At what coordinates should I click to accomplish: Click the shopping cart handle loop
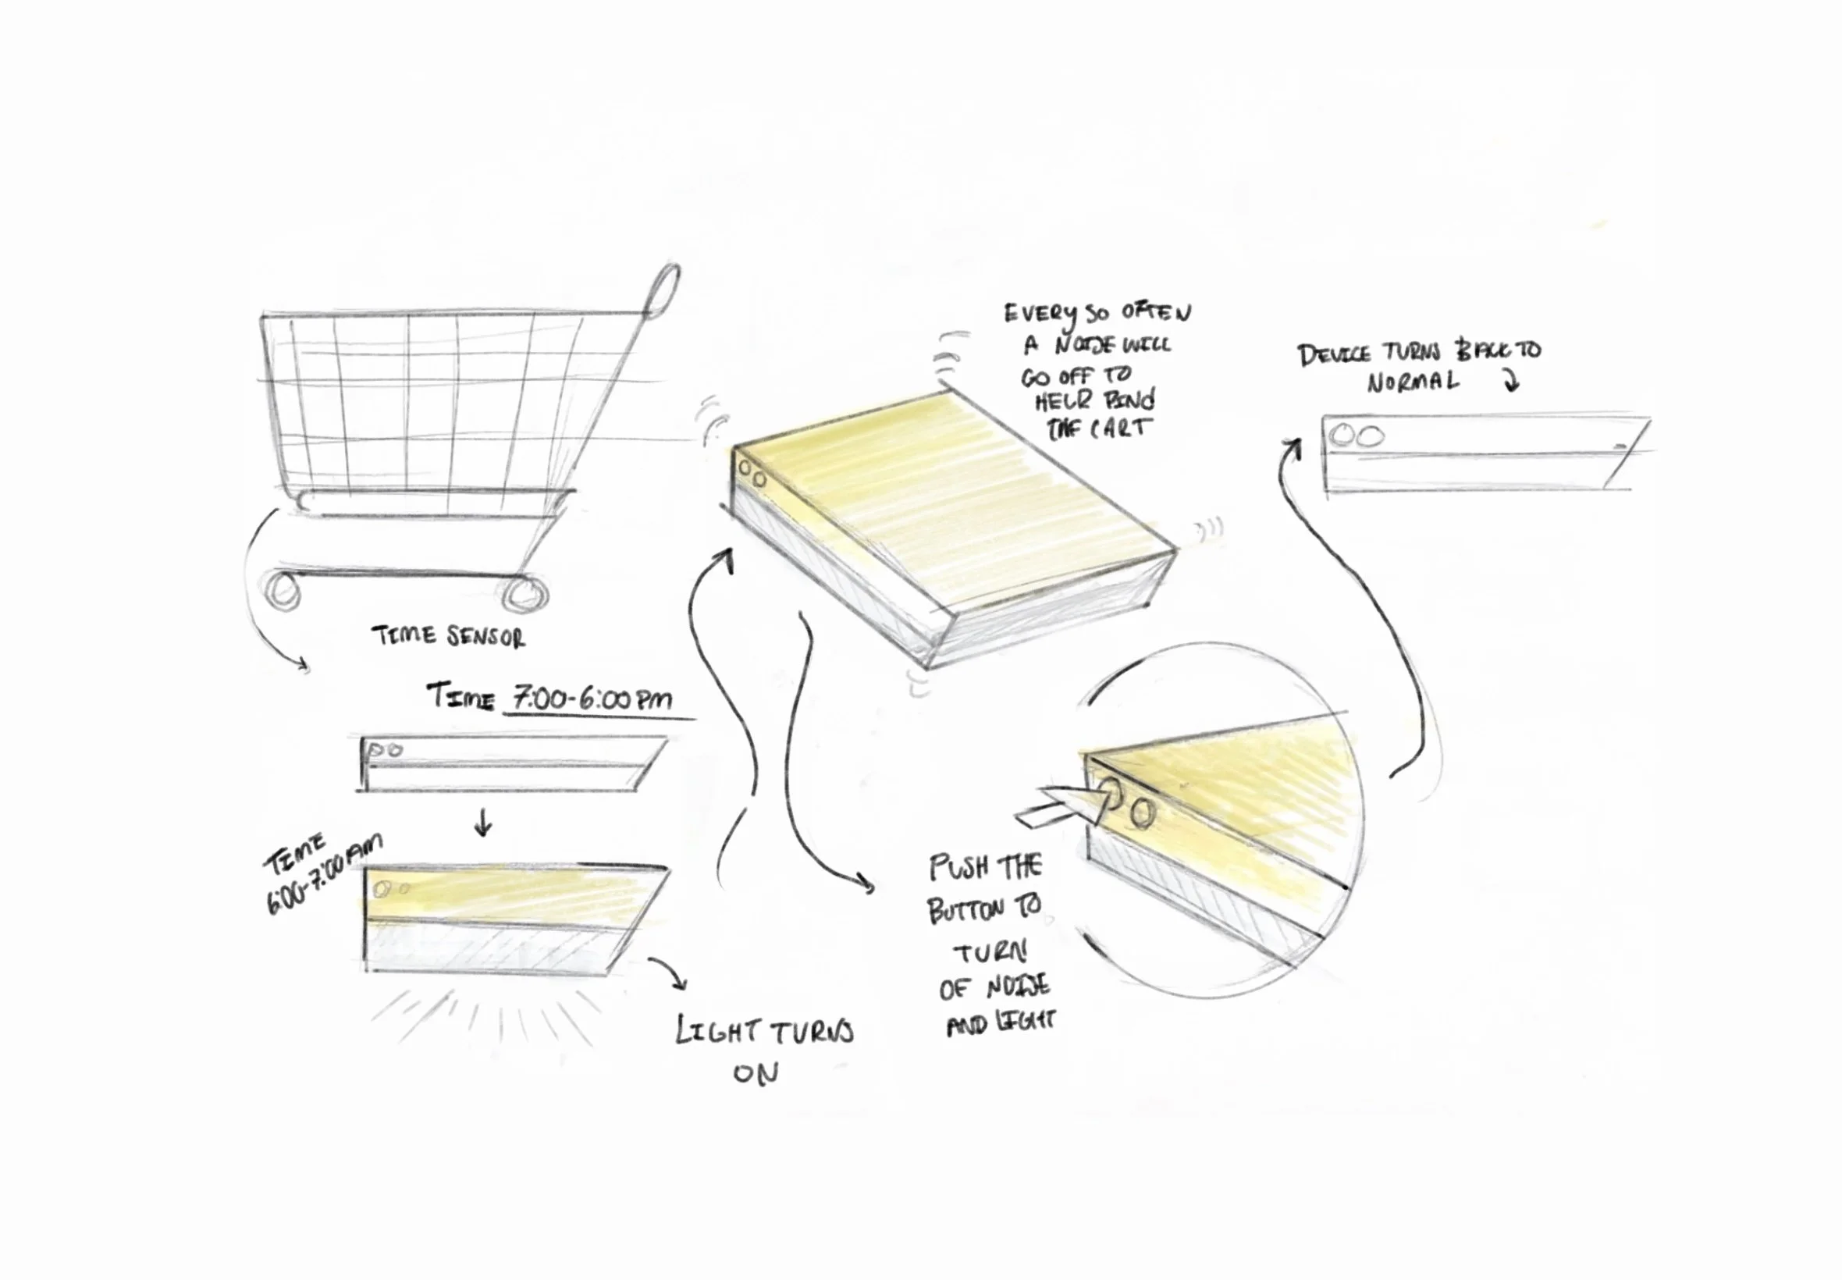(x=663, y=290)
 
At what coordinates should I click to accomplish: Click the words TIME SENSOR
(x=448, y=637)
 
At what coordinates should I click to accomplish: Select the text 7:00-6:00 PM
(x=592, y=699)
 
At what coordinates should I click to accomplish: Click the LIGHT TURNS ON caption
(x=763, y=1048)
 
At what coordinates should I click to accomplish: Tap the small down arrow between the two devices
(x=483, y=822)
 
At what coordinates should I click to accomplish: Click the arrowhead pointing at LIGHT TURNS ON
(x=680, y=983)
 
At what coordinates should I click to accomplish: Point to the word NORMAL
(x=1413, y=382)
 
